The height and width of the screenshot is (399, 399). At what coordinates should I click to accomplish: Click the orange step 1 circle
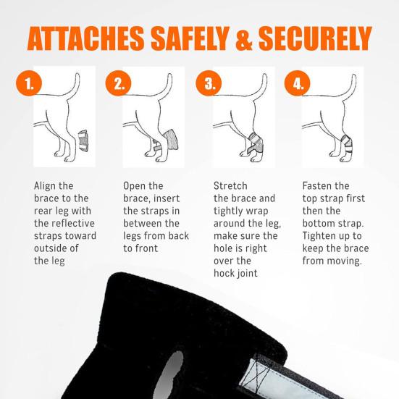[29, 83]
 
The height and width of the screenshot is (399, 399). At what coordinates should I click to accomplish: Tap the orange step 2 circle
[118, 83]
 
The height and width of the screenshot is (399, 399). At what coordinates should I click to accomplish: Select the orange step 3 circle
[209, 83]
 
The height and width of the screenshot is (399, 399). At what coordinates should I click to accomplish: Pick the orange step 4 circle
[297, 83]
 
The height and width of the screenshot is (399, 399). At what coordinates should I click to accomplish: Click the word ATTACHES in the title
[85, 38]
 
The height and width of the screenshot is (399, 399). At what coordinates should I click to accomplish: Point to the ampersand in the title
[244, 38]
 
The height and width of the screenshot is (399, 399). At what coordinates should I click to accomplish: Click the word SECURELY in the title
[315, 38]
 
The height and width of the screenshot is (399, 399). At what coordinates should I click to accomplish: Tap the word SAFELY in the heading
[190, 38]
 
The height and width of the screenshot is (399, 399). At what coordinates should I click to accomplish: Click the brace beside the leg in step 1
[83, 141]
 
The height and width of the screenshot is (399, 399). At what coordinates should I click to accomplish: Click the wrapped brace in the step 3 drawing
[254, 144]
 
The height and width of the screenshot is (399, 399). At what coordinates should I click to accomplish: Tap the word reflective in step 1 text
[73, 224]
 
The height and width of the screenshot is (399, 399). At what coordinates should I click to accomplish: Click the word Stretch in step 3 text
[230, 186]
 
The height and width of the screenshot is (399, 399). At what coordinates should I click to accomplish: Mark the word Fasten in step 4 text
[317, 186]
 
